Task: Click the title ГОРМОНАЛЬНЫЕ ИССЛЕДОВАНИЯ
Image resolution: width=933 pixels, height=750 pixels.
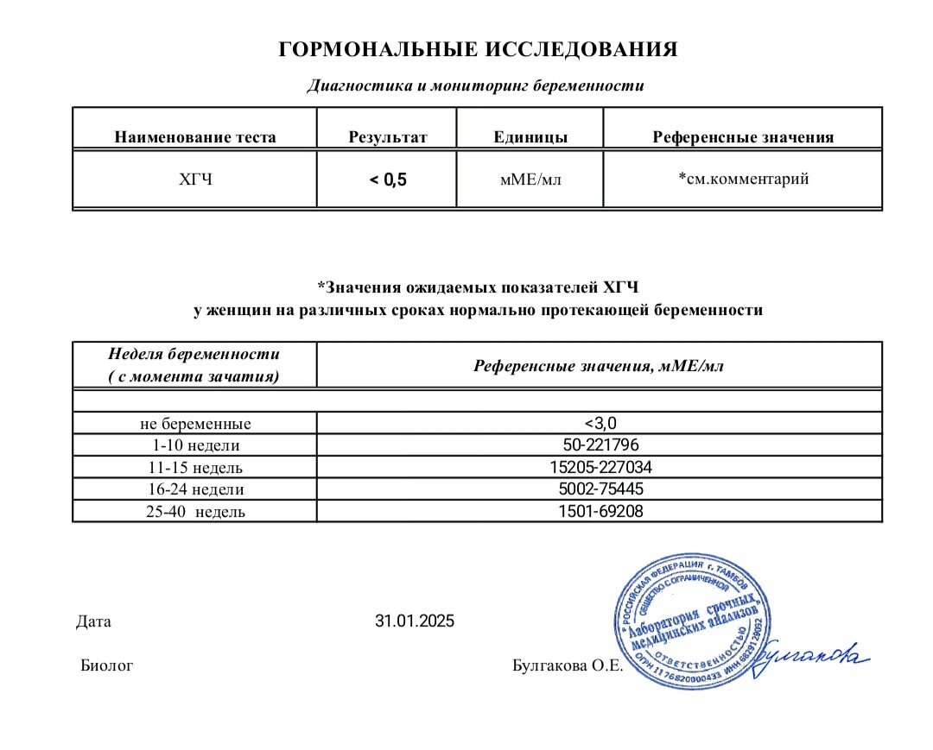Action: [x=478, y=49]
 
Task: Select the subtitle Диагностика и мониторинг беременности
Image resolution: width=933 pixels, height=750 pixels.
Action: [x=476, y=85]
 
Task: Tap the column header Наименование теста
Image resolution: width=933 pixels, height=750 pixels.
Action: [x=195, y=137]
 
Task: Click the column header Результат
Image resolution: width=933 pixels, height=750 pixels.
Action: [x=388, y=137]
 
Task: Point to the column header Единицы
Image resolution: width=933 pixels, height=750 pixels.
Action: [x=530, y=137]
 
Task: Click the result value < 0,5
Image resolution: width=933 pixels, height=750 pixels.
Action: [x=388, y=180]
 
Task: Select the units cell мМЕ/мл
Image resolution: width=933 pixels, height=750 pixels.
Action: [x=530, y=180]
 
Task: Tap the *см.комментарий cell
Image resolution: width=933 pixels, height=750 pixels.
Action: [x=743, y=180]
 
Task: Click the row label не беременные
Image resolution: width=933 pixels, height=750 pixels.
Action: [x=195, y=424]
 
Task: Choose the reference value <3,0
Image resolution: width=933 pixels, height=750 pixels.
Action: [x=600, y=423]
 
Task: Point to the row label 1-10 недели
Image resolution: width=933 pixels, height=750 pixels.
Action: [x=195, y=445]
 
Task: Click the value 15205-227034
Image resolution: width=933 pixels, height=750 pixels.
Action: [x=600, y=467]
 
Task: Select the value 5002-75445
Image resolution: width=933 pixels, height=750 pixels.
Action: [x=600, y=488]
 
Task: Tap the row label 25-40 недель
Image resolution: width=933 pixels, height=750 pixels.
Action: [x=195, y=512]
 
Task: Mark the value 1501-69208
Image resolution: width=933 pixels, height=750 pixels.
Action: [x=600, y=511]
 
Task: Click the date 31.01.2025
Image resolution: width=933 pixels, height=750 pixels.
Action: [x=414, y=621]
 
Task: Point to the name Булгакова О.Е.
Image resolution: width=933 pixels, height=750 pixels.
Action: [x=567, y=665]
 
